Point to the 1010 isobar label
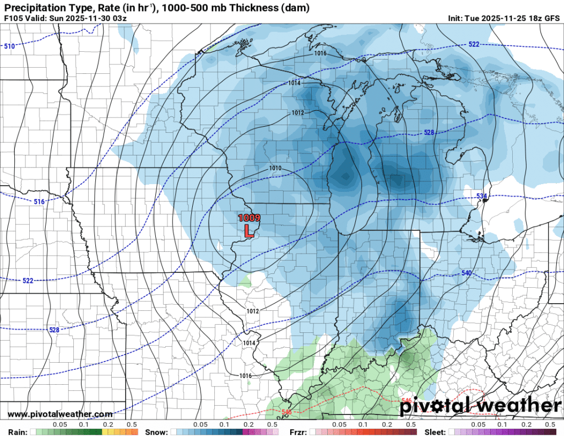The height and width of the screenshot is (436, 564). click(x=275, y=168)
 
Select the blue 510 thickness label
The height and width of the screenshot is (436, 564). click(x=9, y=46)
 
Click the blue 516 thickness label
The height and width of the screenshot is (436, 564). click(x=39, y=202)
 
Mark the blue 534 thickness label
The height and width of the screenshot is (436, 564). click(x=481, y=197)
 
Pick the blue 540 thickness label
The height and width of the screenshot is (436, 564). click(x=466, y=273)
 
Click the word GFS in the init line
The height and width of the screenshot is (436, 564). click(x=551, y=18)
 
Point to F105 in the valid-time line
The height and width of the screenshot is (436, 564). click(x=14, y=18)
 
